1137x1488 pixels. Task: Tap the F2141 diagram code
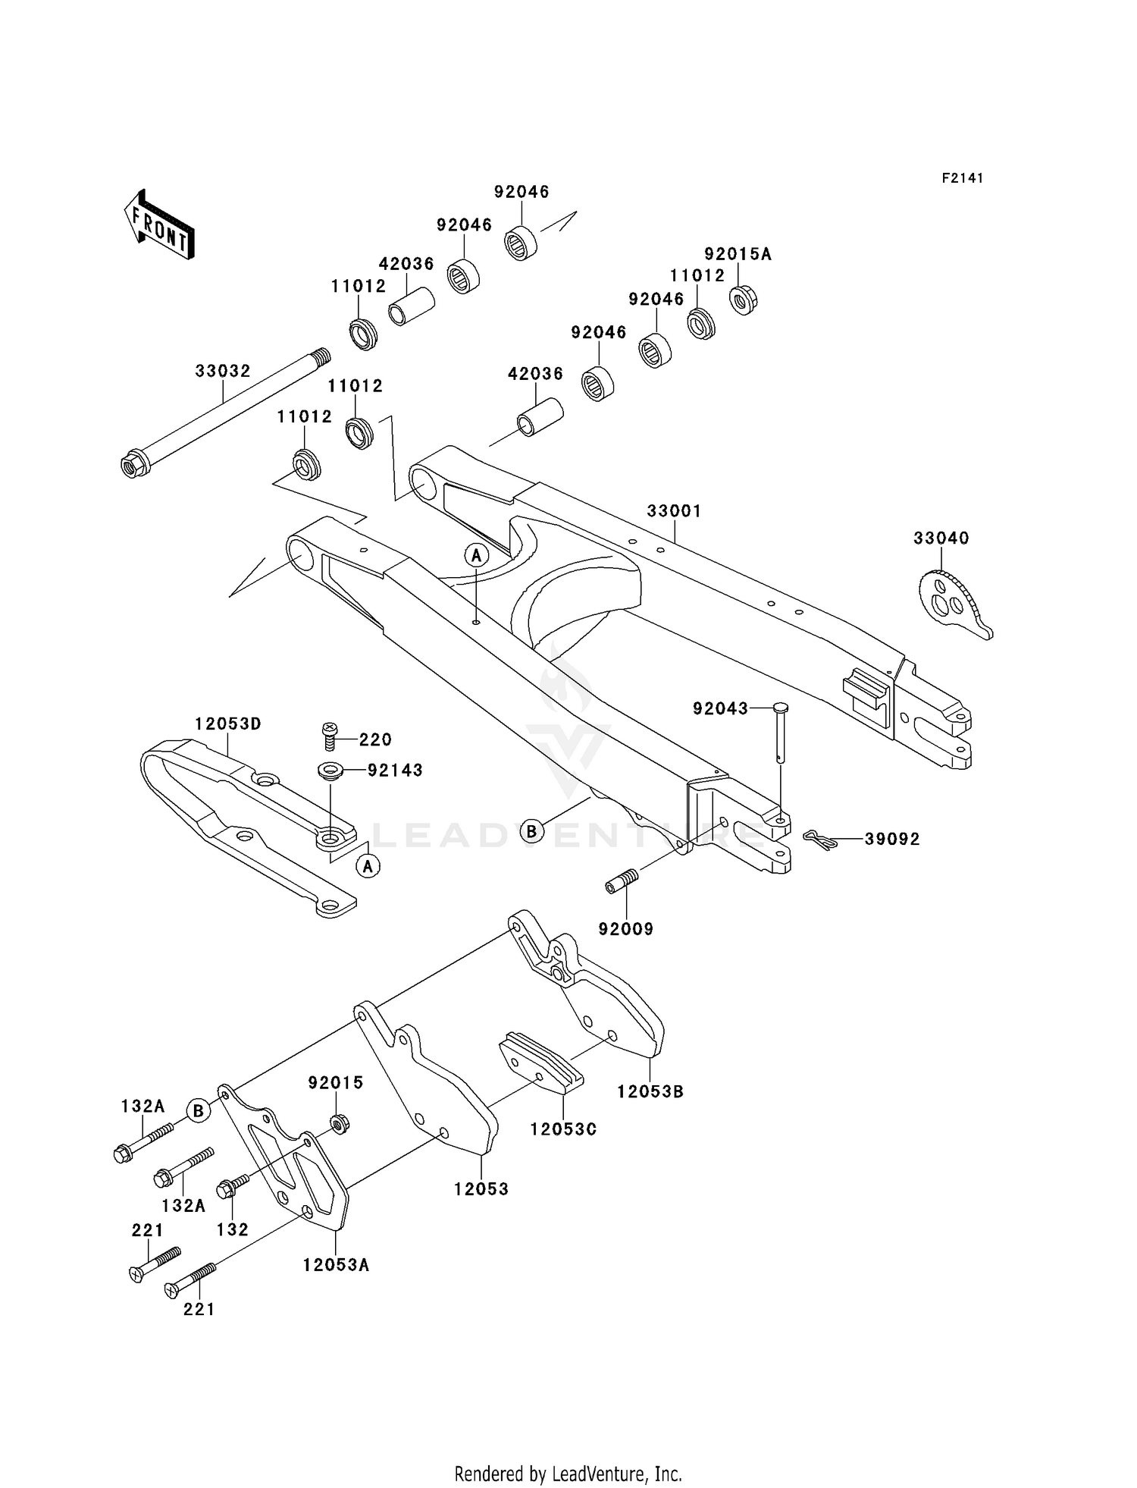962,178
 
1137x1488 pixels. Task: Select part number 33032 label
223,371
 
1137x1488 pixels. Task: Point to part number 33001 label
674,511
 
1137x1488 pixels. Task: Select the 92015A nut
744,300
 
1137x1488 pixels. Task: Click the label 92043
720,708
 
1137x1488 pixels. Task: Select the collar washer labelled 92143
330,771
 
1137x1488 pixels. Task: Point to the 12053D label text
228,724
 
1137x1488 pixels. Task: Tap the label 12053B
650,1091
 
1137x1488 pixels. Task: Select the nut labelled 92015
340,1123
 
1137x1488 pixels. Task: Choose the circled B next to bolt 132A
198,1111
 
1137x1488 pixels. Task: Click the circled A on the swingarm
476,556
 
